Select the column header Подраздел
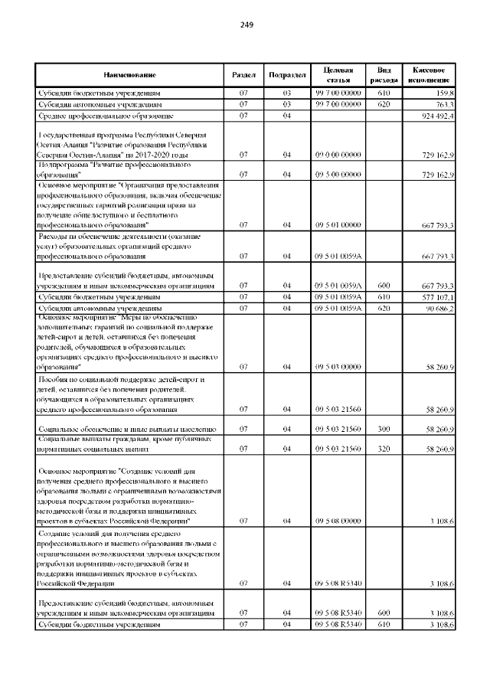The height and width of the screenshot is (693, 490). click(288, 74)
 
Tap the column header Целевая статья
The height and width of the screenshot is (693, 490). click(338, 74)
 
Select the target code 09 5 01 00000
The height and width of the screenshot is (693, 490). click(338, 225)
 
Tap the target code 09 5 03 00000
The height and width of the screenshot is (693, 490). click(338, 367)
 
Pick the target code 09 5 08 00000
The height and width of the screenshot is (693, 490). click(338, 521)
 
